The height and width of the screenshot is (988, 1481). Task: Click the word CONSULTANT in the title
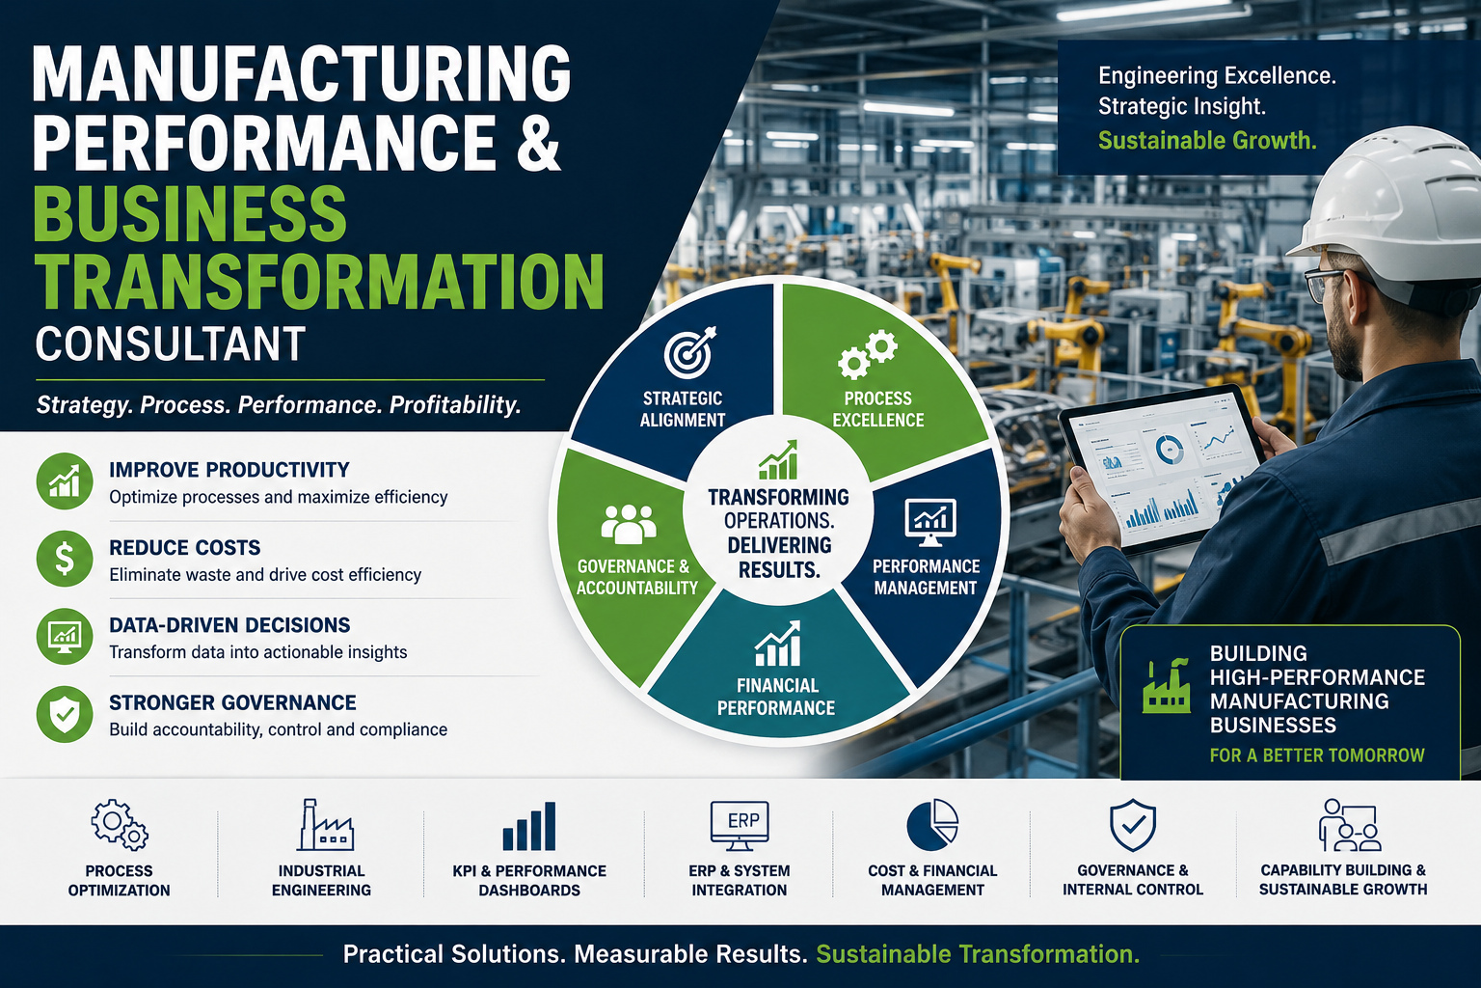(170, 344)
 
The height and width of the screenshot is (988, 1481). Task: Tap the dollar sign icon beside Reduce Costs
(65, 558)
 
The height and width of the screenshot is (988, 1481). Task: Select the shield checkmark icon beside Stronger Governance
(65, 714)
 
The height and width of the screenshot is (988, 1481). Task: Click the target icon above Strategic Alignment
(689, 351)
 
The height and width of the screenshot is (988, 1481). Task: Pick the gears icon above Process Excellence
(868, 354)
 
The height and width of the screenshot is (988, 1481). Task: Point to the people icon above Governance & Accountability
(629, 524)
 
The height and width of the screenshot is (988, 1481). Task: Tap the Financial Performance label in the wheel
(776, 697)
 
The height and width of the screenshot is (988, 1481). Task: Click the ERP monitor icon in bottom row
(740, 826)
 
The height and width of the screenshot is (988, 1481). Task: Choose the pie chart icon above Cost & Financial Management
(932, 825)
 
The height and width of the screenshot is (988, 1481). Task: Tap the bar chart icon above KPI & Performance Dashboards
(529, 826)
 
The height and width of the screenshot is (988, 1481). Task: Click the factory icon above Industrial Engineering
(325, 825)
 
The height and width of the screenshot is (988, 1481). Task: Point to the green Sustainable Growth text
(1207, 140)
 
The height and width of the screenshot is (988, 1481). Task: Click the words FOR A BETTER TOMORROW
(1317, 755)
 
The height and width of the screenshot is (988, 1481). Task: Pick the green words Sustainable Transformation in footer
(978, 954)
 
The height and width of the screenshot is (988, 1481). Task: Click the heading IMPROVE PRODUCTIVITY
(229, 470)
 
